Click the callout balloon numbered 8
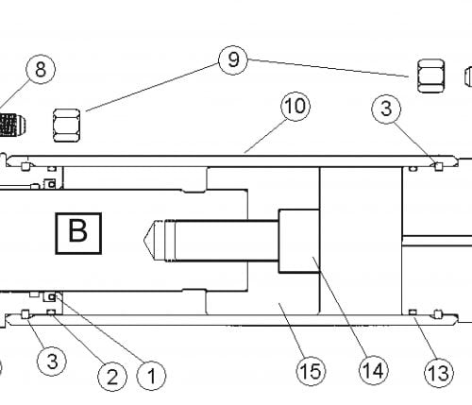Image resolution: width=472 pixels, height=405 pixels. [x=41, y=69]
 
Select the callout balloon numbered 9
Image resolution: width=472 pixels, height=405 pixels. [x=233, y=59]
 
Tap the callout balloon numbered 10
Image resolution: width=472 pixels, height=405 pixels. [x=295, y=106]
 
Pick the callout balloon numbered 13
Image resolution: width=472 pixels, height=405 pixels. [x=439, y=373]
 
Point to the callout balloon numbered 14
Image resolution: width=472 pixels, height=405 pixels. [x=374, y=370]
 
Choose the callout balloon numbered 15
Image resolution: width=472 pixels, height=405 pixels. [x=311, y=371]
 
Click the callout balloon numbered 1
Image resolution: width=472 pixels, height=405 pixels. [x=151, y=375]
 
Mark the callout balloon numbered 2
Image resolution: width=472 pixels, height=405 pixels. [x=112, y=376]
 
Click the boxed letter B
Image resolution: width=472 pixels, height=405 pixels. [x=78, y=233]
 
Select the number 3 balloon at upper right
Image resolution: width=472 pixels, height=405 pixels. [x=386, y=109]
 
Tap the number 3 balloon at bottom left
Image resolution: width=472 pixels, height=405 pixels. [x=52, y=361]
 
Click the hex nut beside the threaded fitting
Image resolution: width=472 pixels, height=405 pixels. [x=66, y=126]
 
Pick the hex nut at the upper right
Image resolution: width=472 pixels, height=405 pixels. [x=430, y=76]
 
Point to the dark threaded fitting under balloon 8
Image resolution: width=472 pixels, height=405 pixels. [x=12, y=125]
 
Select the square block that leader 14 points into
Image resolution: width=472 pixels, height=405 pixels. [x=299, y=241]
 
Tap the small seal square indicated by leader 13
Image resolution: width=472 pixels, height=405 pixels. [x=413, y=312]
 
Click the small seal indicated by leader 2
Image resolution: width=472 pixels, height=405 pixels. [x=51, y=312]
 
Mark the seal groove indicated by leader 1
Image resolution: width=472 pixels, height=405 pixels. [x=50, y=296]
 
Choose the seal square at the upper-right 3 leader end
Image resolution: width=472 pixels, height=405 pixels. [x=438, y=166]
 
